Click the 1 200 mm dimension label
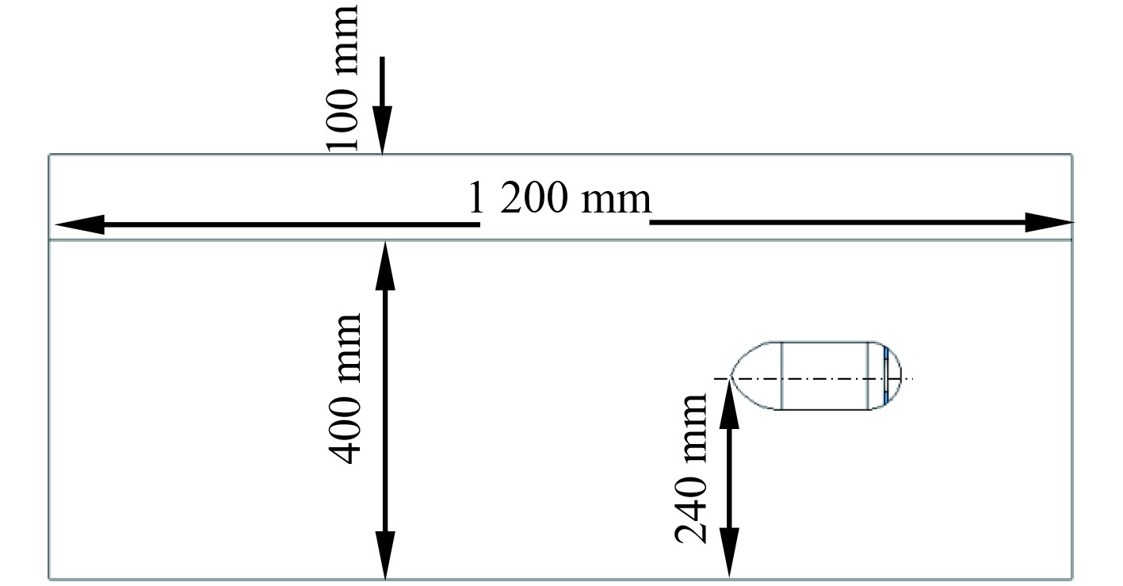(560, 199)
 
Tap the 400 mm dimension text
(346, 389)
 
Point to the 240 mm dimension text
(690, 468)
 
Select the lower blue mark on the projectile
(886, 396)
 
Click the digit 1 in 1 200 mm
(476, 200)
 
